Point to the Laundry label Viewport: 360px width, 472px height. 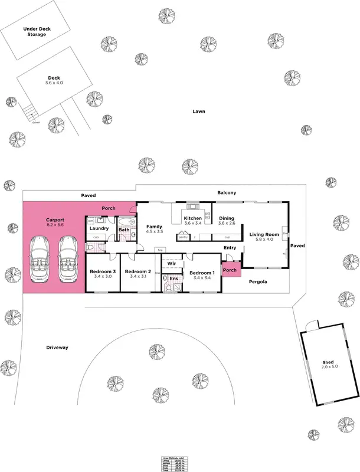99,228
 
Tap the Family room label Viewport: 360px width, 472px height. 154,230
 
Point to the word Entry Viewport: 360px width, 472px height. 230,248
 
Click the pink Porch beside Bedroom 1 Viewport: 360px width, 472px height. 230,270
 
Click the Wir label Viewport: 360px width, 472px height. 172,263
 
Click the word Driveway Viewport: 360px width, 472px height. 57,348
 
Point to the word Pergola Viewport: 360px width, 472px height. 257,282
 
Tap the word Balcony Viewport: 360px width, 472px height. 227,193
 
